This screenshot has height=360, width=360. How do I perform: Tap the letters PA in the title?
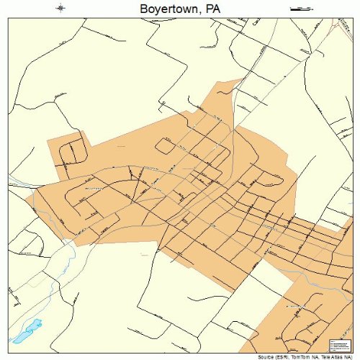(210, 9)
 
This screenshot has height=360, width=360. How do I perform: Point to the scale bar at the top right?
(299, 9)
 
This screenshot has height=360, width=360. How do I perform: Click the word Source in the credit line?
(251, 356)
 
